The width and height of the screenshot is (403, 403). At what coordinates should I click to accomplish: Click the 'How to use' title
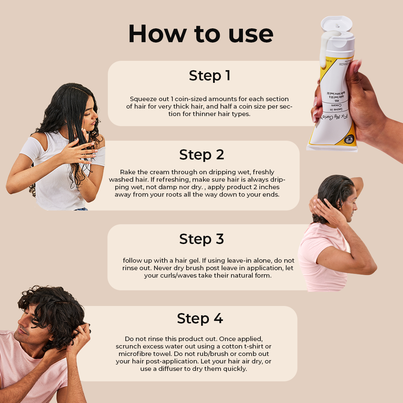(x=201, y=34)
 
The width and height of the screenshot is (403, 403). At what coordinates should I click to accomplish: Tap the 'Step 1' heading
(x=210, y=75)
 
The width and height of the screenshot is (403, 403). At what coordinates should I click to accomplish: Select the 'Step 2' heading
(x=201, y=154)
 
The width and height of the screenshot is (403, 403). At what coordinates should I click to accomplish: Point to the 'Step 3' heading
(x=201, y=239)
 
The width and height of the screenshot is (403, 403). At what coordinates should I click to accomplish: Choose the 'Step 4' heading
(x=200, y=318)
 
